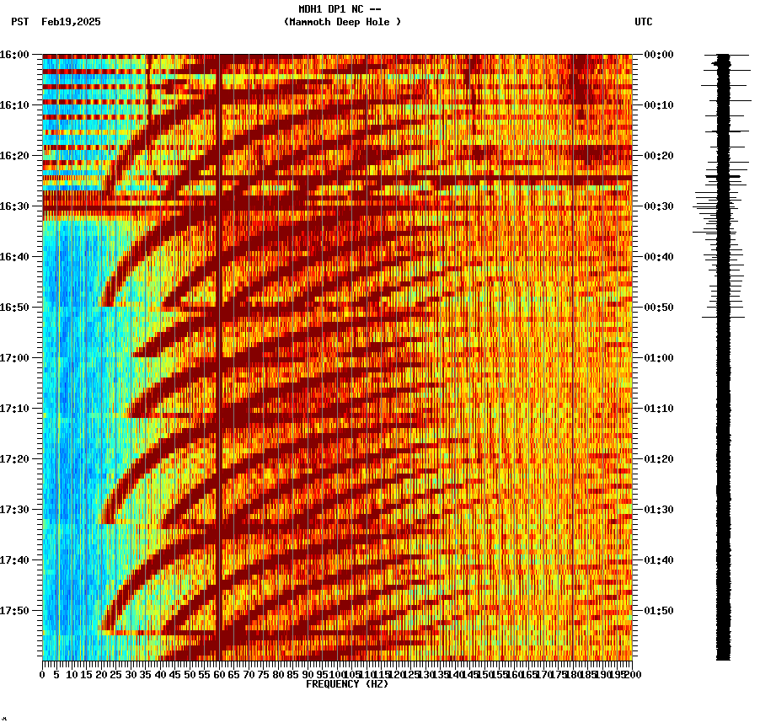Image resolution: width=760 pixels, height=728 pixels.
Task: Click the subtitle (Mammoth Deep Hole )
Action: point(342,22)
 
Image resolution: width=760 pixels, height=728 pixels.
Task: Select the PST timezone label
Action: point(19,22)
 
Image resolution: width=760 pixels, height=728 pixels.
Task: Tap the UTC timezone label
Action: point(643,22)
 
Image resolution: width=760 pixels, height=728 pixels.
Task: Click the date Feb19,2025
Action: point(71,22)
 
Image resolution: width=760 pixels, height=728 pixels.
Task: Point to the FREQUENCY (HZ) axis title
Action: point(347,684)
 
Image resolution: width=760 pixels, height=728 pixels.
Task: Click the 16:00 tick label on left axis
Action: point(14,55)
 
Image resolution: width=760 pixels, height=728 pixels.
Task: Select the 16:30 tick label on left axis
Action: point(14,206)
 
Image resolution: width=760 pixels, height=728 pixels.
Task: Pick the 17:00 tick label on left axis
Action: point(14,358)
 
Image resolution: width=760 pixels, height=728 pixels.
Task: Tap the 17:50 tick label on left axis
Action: point(14,611)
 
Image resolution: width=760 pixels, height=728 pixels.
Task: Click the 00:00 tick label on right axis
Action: point(658,55)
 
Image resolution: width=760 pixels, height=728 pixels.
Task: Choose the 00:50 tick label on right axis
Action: point(658,308)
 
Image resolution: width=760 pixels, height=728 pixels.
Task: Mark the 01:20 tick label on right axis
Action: point(658,459)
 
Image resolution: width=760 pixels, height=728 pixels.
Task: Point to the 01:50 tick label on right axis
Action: point(658,611)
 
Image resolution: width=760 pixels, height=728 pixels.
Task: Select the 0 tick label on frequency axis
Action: point(43,675)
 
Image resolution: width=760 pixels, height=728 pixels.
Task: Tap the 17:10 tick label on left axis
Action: point(14,409)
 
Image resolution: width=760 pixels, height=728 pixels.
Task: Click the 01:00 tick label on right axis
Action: point(658,358)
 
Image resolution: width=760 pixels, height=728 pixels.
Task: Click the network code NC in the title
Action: point(358,9)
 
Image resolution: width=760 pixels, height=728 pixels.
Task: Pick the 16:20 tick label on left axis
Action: point(14,156)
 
